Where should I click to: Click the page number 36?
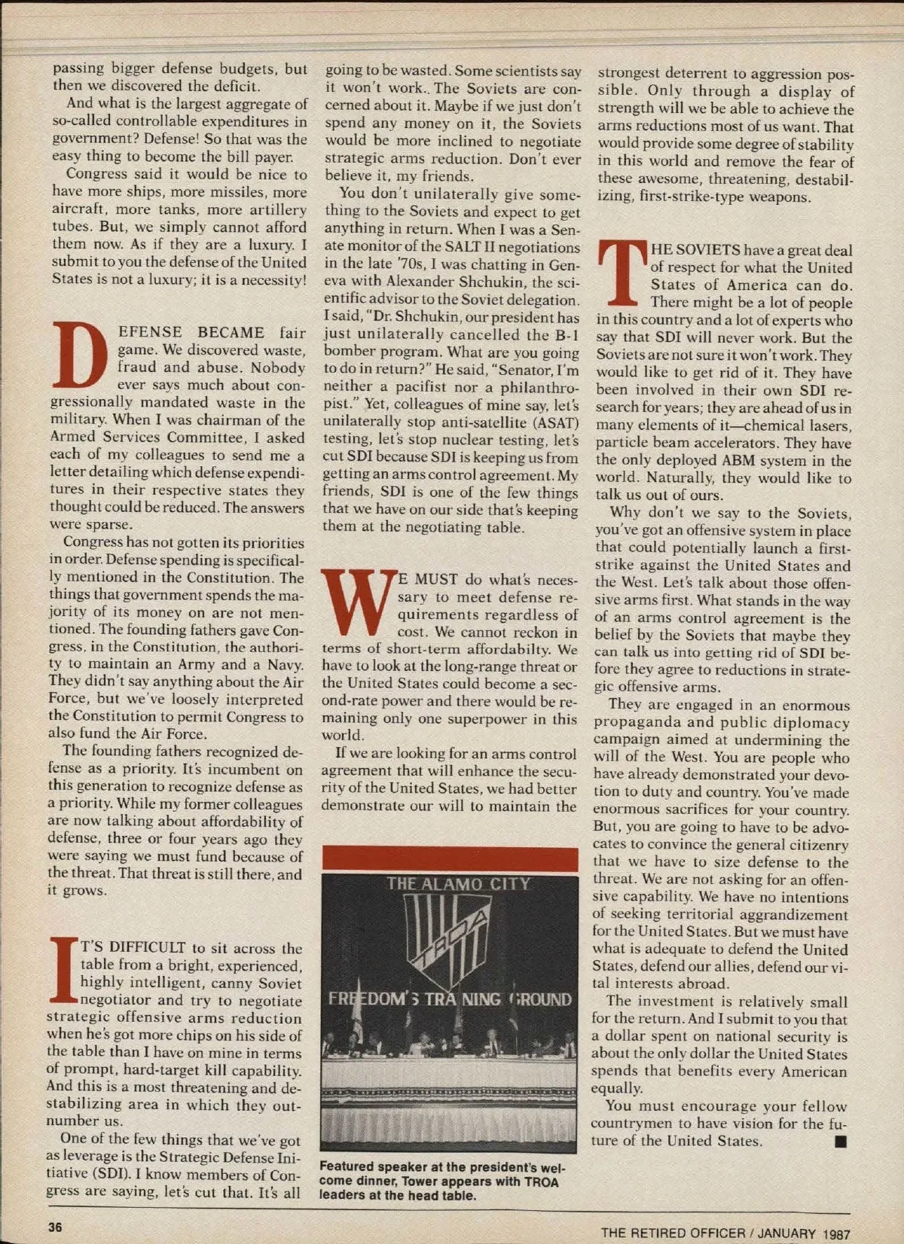pos(55,1226)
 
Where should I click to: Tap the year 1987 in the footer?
pos(836,1233)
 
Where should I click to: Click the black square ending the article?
pos(841,1142)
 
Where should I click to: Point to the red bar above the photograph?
pos(450,858)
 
